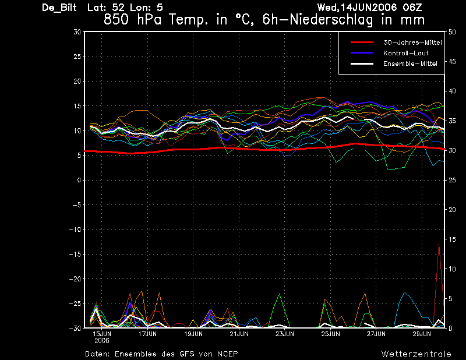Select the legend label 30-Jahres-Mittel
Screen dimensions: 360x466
point(412,43)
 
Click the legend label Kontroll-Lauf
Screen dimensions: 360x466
point(405,53)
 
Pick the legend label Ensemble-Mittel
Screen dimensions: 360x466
point(410,63)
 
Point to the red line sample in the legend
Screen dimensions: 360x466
point(361,43)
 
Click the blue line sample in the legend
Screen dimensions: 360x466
point(361,53)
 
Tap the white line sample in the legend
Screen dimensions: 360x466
point(361,63)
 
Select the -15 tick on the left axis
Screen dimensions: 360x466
point(75,254)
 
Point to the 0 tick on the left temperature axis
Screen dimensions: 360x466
point(79,180)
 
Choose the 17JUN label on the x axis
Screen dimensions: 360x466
point(148,334)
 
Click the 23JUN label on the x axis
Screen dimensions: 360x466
point(285,334)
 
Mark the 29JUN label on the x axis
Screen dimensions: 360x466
point(422,334)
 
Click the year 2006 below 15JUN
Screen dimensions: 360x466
point(102,340)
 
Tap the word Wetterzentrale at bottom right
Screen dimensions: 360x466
point(416,354)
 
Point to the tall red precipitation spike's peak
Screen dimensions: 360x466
point(439,243)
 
